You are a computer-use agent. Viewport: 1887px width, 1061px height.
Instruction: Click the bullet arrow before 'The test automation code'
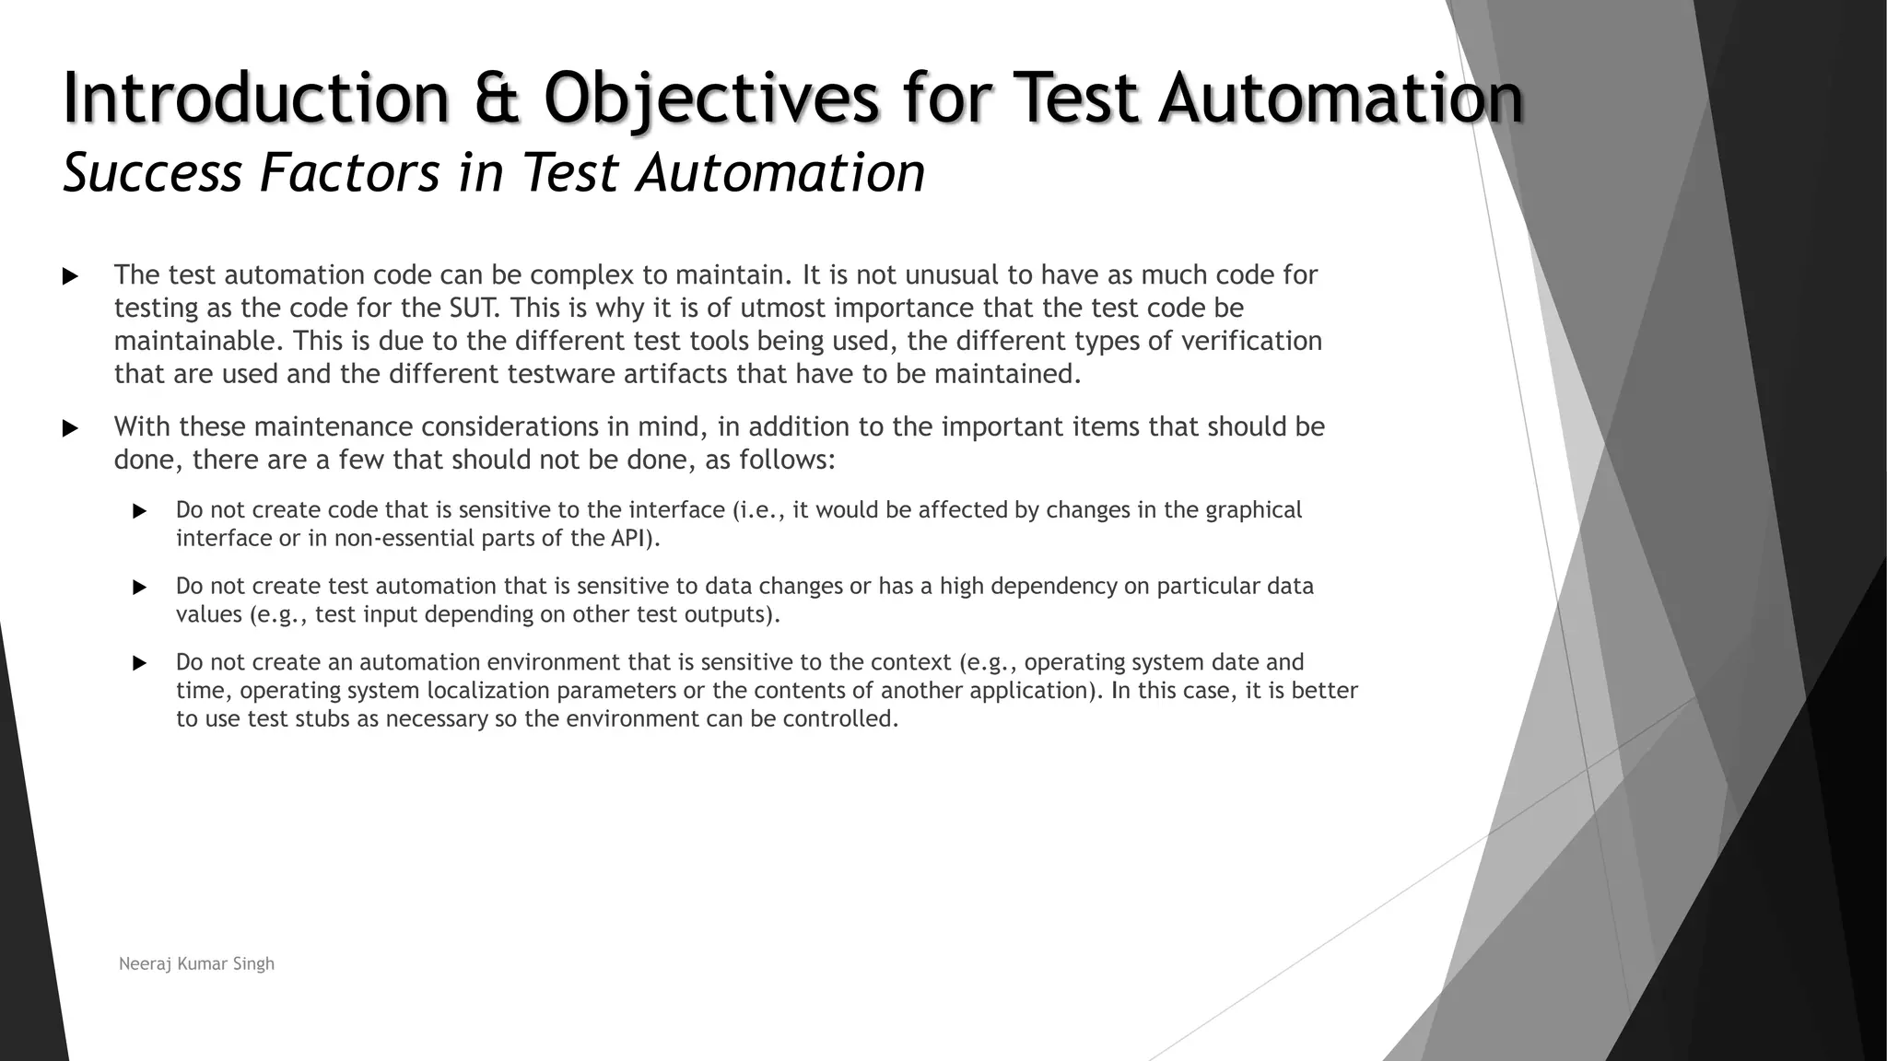(70, 276)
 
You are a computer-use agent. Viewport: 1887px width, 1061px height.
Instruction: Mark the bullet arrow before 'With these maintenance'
(70, 428)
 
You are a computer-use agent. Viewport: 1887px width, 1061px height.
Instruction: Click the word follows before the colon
(783, 460)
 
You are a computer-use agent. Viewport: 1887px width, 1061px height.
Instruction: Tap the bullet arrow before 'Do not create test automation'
(140, 587)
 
